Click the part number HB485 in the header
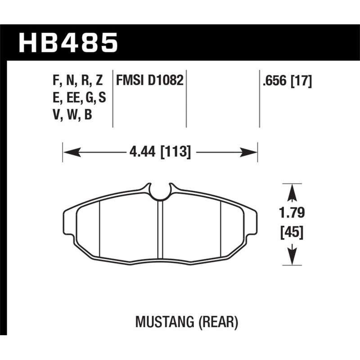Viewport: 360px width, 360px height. pyautogui.click(x=68, y=44)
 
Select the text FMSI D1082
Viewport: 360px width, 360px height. pyautogui.click(x=149, y=81)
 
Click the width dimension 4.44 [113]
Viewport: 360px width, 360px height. pyautogui.click(x=160, y=152)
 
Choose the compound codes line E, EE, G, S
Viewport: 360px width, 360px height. pyautogui.click(x=79, y=98)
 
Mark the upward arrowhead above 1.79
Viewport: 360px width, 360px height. pyautogui.click(x=292, y=193)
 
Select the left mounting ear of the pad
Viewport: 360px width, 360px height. pyautogui.click(x=69, y=223)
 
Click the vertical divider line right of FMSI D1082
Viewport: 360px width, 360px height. pyautogui.click(x=186, y=99)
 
